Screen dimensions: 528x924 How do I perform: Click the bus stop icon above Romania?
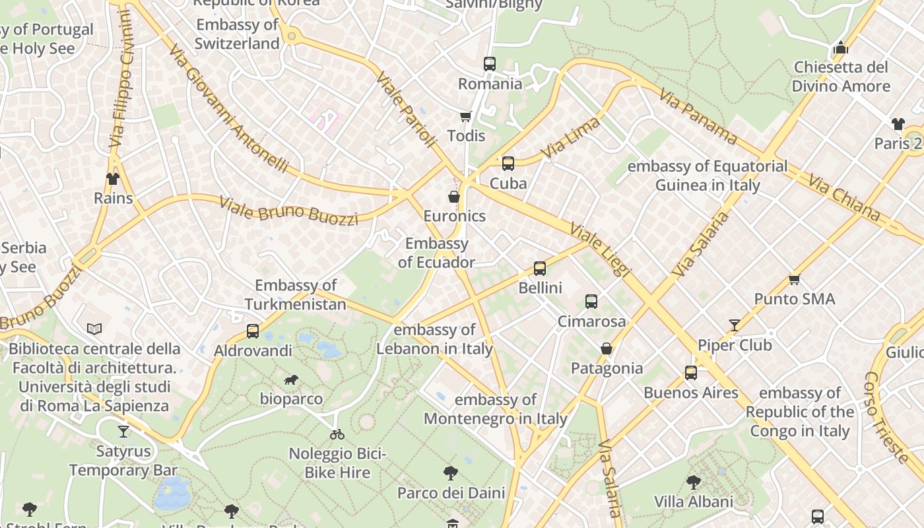click(489, 64)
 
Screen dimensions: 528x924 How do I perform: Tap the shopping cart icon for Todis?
click(465, 117)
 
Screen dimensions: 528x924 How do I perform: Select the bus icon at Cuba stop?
click(508, 164)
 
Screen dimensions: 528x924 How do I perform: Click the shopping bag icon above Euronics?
click(454, 197)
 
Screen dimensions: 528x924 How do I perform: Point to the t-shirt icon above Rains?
click(113, 179)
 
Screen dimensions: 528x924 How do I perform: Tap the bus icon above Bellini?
click(540, 269)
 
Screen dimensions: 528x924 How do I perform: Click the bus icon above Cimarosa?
click(591, 302)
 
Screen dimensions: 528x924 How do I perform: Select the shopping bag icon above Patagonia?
click(607, 348)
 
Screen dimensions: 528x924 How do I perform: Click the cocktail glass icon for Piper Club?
click(734, 325)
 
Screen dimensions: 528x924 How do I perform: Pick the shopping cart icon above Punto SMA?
click(794, 280)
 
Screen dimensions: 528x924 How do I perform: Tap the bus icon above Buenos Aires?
click(690, 373)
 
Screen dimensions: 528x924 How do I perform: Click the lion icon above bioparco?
click(290, 379)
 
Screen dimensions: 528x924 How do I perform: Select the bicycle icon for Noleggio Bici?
click(337, 434)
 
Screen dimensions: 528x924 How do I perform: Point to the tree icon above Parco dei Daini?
click(451, 473)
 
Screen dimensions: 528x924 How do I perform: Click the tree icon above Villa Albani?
click(693, 482)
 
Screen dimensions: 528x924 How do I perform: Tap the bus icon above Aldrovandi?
click(253, 331)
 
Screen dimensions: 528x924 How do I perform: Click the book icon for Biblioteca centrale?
click(94, 329)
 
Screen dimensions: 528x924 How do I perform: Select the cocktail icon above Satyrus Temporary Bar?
click(123, 432)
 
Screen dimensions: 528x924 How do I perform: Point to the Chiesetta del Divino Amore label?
click(841, 77)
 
